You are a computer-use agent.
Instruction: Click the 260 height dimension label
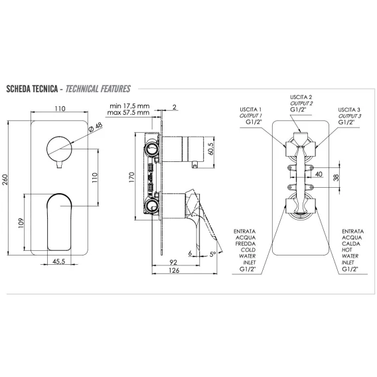5,179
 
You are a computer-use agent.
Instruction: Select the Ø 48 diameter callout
96,127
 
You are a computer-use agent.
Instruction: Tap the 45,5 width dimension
58,262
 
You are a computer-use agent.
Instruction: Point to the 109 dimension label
21,223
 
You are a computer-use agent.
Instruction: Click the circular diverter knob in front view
59,149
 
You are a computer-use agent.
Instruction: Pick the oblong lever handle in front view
59,222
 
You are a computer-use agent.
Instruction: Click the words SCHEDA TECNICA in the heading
32,89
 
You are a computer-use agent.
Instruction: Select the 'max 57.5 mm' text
128,113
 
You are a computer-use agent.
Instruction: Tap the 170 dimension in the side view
131,177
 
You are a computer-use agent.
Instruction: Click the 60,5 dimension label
210,149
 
